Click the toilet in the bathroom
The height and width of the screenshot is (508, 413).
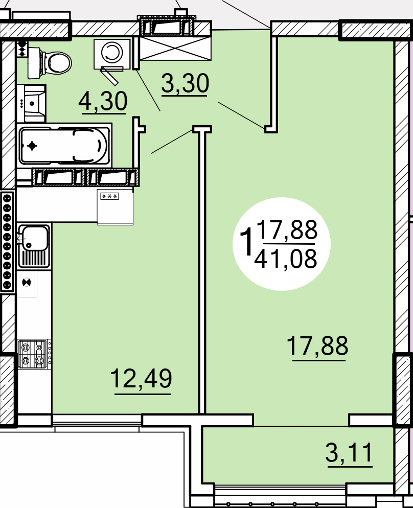49,63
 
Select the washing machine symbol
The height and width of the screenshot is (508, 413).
112,54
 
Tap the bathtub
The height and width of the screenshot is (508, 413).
64,146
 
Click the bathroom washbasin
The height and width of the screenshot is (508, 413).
31,103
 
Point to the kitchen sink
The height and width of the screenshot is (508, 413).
34,246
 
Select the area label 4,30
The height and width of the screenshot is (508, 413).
103,102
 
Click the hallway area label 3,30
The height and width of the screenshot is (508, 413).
185,84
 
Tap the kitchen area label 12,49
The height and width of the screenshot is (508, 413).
141,380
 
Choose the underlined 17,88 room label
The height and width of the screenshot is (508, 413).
317,347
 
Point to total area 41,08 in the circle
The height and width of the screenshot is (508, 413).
285,259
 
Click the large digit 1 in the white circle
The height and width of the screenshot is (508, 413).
247,241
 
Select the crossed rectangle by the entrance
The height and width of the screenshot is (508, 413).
175,49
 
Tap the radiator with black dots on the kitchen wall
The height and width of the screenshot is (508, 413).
7,242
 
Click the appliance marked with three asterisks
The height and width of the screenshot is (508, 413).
115,206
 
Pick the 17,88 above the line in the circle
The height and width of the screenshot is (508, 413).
287,229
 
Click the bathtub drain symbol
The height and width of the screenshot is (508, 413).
32,146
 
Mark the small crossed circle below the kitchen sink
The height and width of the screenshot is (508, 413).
27,283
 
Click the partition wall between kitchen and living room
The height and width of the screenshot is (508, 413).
202,270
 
